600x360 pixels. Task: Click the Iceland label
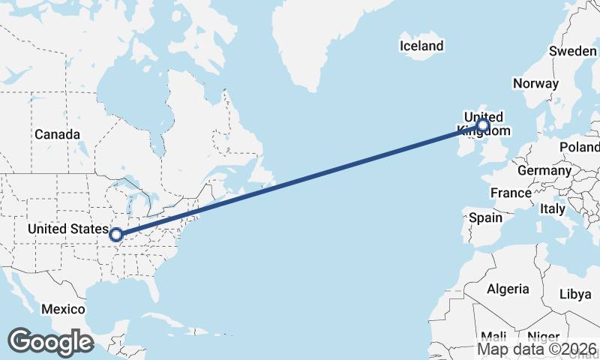point(421,46)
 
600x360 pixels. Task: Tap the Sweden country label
point(572,51)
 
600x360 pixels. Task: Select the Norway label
point(535,83)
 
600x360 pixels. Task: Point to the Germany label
point(544,170)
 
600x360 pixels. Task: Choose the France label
point(511,193)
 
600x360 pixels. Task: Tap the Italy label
point(553,208)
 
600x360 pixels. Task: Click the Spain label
point(484,217)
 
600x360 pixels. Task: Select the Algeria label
point(508,289)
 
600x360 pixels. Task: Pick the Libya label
point(575,294)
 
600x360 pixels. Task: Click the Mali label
point(493,336)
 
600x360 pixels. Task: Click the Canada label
point(57,134)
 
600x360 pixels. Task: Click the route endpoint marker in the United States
point(116,235)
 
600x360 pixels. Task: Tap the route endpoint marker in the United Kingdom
point(483,124)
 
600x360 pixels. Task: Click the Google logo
point(50,342)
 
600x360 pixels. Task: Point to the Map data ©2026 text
point(537,349)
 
